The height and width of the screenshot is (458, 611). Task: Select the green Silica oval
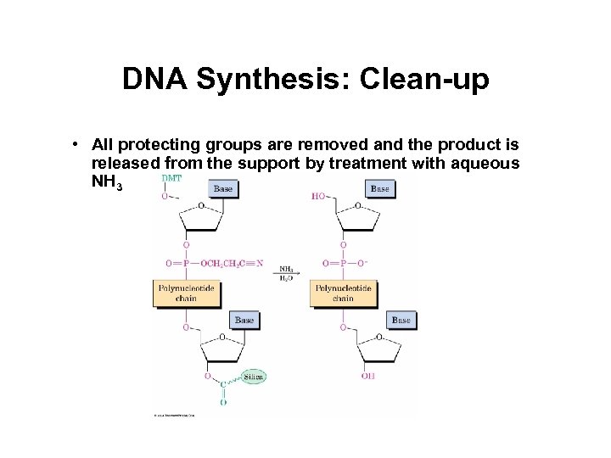pos(253,377)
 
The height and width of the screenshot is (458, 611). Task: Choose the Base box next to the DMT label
pos(223,188)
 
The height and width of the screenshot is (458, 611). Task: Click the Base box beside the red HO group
pos(379,188)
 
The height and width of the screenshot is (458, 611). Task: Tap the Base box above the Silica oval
pos(244,321)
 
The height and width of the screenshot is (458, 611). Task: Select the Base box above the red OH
pos(401,321)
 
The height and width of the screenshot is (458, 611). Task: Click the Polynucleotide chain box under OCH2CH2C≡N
pos(187,293)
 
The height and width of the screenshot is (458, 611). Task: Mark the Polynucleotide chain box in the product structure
pos(343,293)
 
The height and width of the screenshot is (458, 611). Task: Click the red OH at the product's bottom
pos(367,376)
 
